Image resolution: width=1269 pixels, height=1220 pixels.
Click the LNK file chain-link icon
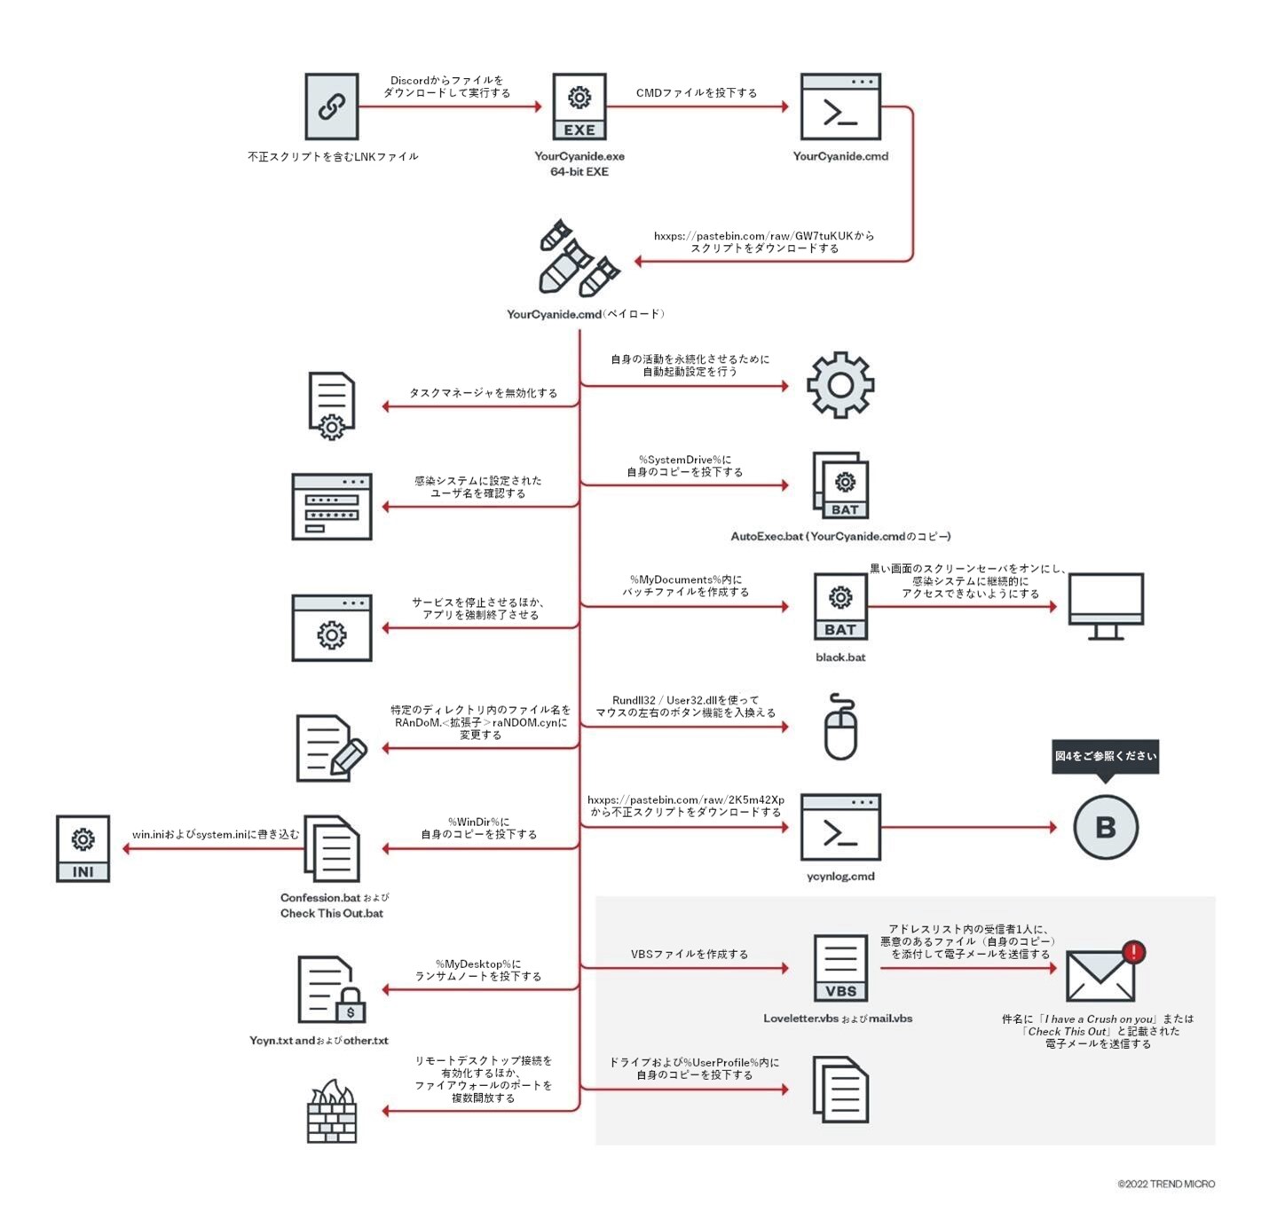pos(332,107)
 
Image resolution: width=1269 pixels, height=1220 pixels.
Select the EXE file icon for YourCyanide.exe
pos(579,107)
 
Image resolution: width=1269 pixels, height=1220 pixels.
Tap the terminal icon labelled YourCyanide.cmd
pos(840,107)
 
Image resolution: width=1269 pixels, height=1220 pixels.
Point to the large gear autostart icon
pos(840,385)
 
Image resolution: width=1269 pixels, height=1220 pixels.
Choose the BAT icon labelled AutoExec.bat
pos(840,485)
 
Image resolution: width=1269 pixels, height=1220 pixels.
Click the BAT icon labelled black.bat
pos(840,607)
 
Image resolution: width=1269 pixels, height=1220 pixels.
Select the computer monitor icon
pos(1106,606)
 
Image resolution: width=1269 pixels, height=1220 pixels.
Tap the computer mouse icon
pos(840,727)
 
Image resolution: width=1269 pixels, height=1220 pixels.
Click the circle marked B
pos(1106,827)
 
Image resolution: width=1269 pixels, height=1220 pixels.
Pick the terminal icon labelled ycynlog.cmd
pos(840,827)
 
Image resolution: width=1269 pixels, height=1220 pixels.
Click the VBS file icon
pos(840,968)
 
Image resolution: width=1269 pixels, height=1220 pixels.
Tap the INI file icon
pos(83,848)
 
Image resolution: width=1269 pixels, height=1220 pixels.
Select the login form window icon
pos(332,507)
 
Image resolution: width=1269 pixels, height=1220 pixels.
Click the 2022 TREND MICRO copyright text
pos(1166,1184)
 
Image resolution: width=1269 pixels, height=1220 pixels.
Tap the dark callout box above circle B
pos(1106,757)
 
